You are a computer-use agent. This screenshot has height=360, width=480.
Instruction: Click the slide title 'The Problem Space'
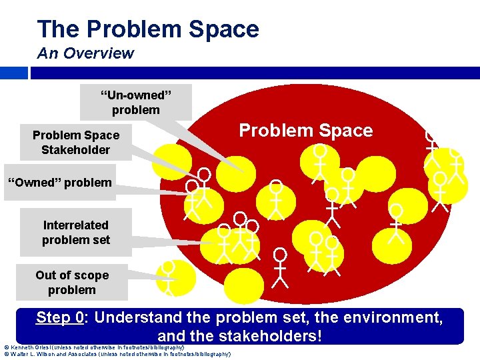[148, 29]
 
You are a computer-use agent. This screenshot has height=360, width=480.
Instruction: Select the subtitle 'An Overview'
[85, 53]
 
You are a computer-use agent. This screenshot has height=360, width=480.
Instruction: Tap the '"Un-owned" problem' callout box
[135, 102]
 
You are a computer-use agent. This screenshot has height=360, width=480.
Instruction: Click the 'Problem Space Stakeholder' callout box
[75, 143]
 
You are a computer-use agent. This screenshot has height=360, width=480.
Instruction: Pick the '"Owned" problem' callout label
[59, 183]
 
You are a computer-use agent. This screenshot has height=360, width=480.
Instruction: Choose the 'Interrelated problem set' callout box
[75, 232]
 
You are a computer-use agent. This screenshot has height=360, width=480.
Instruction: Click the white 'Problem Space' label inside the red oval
[306, 131]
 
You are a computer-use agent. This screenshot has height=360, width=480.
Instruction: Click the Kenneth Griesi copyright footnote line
[93, 347]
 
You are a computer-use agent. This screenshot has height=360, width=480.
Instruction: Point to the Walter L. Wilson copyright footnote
[117, 354]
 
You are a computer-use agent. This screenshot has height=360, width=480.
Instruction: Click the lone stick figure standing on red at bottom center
[281, 268]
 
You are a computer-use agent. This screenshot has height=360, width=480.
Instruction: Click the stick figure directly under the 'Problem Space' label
[321, 162]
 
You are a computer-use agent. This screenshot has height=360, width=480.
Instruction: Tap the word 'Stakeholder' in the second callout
[75, 150]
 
